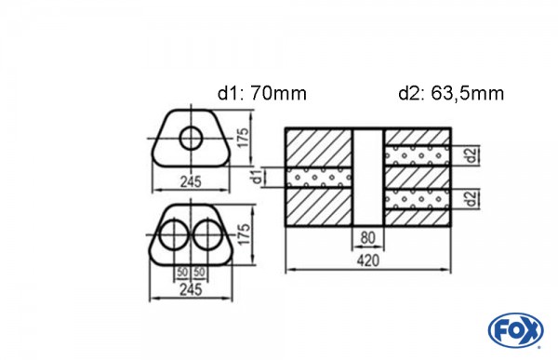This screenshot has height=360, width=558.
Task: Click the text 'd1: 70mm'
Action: (x=260, y=93)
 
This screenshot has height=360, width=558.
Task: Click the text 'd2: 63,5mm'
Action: (x=451, y=93)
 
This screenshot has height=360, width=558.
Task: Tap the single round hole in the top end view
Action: (x=192, y=139)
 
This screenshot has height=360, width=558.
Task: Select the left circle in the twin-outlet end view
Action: (x=173, y=235)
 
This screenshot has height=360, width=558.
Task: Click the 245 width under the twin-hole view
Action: (x=191, y=290)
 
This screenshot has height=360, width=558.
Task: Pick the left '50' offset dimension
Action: (x=181, y=272)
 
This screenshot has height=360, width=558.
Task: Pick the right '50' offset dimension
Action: (x=200, y=272)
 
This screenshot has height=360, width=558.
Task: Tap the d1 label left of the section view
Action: (x=257, y=177)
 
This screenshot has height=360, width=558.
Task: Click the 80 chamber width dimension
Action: (x=367, y=237)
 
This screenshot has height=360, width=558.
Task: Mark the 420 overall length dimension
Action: (x=367, y=262)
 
